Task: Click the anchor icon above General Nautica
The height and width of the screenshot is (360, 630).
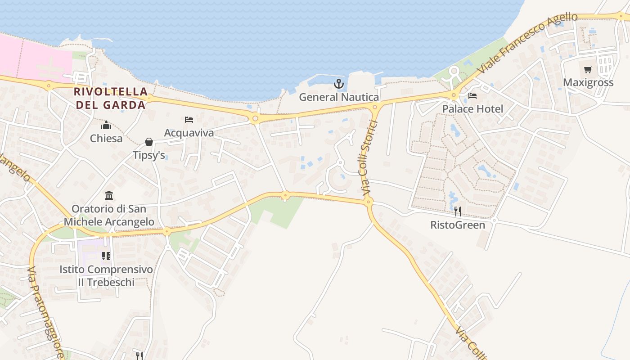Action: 338,84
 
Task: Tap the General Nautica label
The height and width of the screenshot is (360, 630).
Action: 339,97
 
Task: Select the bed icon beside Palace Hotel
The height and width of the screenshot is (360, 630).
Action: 472,96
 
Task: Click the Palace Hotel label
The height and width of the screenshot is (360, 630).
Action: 472,109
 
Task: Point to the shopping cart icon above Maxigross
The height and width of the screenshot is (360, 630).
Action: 588,70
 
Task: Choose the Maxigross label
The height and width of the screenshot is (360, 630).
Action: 588,82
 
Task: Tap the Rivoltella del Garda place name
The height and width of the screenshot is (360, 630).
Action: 111,98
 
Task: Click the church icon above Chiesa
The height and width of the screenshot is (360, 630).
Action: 106,126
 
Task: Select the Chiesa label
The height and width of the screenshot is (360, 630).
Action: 106,138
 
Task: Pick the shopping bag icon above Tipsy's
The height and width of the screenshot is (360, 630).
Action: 149,142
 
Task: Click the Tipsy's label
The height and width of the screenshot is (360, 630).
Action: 149,155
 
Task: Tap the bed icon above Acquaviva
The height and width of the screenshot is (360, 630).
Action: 189,120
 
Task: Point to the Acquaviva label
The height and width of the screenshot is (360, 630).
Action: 189,133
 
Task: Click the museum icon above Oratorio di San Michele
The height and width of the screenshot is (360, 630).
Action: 109,196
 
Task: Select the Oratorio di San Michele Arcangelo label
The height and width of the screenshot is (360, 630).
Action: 109,215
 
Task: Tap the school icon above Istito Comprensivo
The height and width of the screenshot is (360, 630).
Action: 106,256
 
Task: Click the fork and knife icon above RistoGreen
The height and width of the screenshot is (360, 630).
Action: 458,211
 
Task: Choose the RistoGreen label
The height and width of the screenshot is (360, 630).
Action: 458,225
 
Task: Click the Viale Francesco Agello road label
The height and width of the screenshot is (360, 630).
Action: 527,43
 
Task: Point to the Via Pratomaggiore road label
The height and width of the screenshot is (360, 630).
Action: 45,313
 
